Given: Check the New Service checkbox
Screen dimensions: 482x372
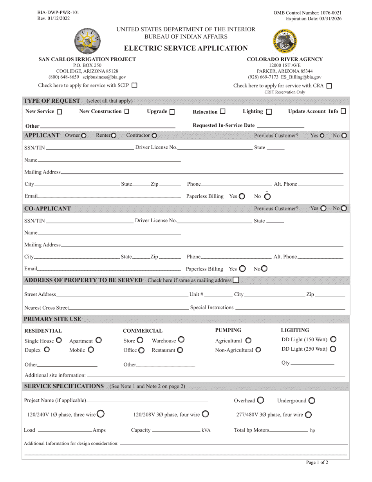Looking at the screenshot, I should click(x=60, y=112).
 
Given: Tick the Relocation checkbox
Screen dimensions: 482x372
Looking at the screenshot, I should click(x=223, y=111).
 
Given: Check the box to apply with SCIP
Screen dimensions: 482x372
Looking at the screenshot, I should click(x=134, y=85).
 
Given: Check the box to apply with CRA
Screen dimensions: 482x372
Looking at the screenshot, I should click(x=329, y=86).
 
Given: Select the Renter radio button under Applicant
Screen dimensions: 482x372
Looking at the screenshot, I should click(x=114, y=136).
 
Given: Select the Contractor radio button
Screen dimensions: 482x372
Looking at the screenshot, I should click(x=154, y=136).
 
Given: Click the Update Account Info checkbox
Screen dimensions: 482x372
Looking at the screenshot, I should click(x=343, y=111).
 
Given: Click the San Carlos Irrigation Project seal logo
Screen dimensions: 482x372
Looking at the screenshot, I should click(x=87, y=41).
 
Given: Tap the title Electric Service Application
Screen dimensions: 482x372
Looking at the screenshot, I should click(x=186, y=48).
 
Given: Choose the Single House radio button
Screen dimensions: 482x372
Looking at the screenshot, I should click(x=59, y=340).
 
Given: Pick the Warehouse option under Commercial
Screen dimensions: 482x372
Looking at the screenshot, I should click(x=181, y=340).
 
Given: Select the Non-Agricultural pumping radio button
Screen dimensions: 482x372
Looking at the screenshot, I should click(x=258, y=350).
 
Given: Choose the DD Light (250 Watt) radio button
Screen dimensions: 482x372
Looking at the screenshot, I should click(x=333, y=349).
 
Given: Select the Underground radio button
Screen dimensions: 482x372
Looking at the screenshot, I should click(x=312, y=400).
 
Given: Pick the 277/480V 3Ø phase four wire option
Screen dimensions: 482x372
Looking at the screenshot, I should click(x=308, y=415).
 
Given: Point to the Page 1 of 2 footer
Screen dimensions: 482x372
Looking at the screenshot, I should click(x=317, y=462).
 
